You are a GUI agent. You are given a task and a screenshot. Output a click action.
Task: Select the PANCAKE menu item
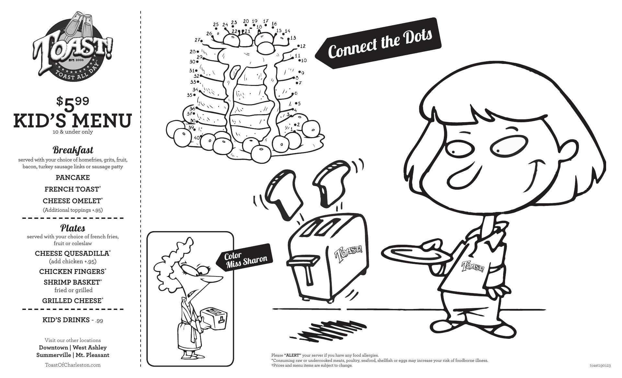[73, 177]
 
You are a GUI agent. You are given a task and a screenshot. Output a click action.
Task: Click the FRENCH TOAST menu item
[73, 189]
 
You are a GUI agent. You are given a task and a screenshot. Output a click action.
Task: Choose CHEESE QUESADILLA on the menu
[73, 253]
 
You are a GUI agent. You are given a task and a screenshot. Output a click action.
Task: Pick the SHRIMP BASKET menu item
[73, 282]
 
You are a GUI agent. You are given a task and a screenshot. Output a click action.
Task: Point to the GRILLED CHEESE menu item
[73, 301]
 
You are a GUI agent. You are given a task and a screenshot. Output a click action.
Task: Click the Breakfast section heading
[73, 150]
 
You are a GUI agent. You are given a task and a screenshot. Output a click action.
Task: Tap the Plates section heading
[73, 228]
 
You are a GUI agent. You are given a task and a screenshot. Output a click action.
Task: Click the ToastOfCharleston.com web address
[73, 365]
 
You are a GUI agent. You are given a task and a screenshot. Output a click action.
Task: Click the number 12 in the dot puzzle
[302, 46]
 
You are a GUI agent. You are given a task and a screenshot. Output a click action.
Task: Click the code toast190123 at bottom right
[600, 365]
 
